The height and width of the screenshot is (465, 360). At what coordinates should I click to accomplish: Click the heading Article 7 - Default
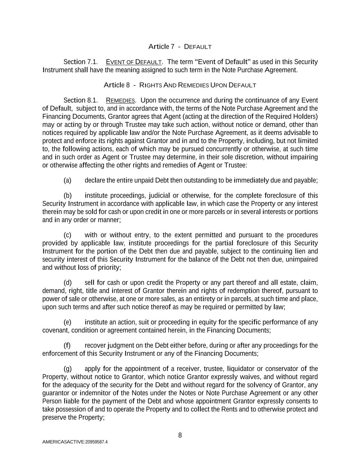click(x=180, y=46)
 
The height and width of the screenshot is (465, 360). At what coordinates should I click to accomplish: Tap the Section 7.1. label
click(x=81, y=62)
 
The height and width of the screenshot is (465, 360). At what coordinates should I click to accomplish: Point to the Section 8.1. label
click(x=81, y=100)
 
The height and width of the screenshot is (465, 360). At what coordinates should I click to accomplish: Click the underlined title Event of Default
click(x=134, y=62)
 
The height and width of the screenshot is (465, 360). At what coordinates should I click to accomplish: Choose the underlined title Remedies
click(x=121, y=100)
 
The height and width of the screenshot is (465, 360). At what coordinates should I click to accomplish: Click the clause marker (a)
click(x=67, y=180)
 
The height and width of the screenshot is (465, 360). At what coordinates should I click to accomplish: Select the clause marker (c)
click(x=67, y=235)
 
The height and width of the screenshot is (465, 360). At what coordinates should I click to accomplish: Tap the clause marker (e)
click(x=67, y=322)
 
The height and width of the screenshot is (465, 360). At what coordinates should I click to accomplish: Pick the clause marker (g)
click(x=67, y=369)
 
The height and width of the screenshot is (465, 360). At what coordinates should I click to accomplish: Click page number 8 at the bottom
click(x=180, y=435)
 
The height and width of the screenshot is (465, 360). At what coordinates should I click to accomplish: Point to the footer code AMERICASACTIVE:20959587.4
click(x=75, y=442)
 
